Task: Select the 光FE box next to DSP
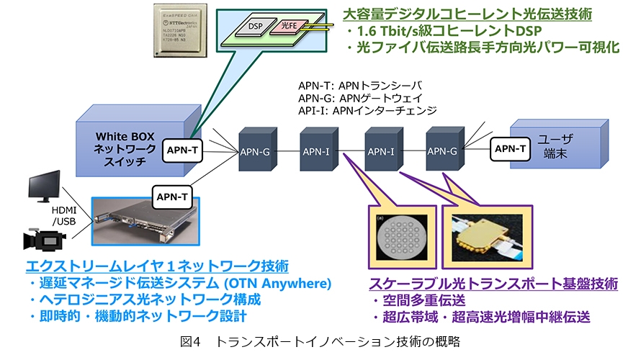(287, 26)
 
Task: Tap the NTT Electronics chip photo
(182, 30)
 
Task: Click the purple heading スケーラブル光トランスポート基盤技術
(493, 284)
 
